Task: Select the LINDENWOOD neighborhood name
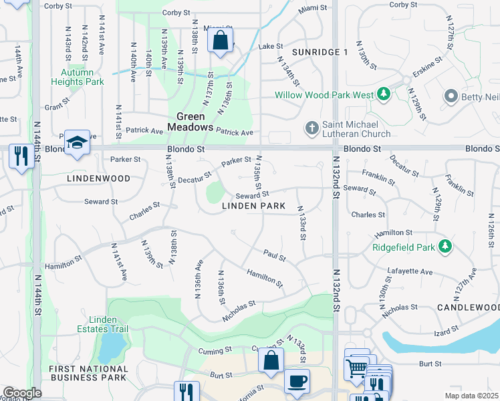(x=89, y=178)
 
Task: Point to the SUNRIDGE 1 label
(x=320, y=52)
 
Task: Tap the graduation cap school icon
(x=78, y=142)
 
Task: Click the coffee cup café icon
(x=297, y=382)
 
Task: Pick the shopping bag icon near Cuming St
(x=271, y=361)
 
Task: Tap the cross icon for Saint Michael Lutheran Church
(x=311, y=127)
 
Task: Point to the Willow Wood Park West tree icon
(x=384, y=95)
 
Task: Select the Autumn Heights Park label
(x=82, y=77)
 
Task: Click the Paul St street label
(x=274, y=256)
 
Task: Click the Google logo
(x=22, y=393)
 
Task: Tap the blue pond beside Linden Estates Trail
(x=112, y=346)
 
